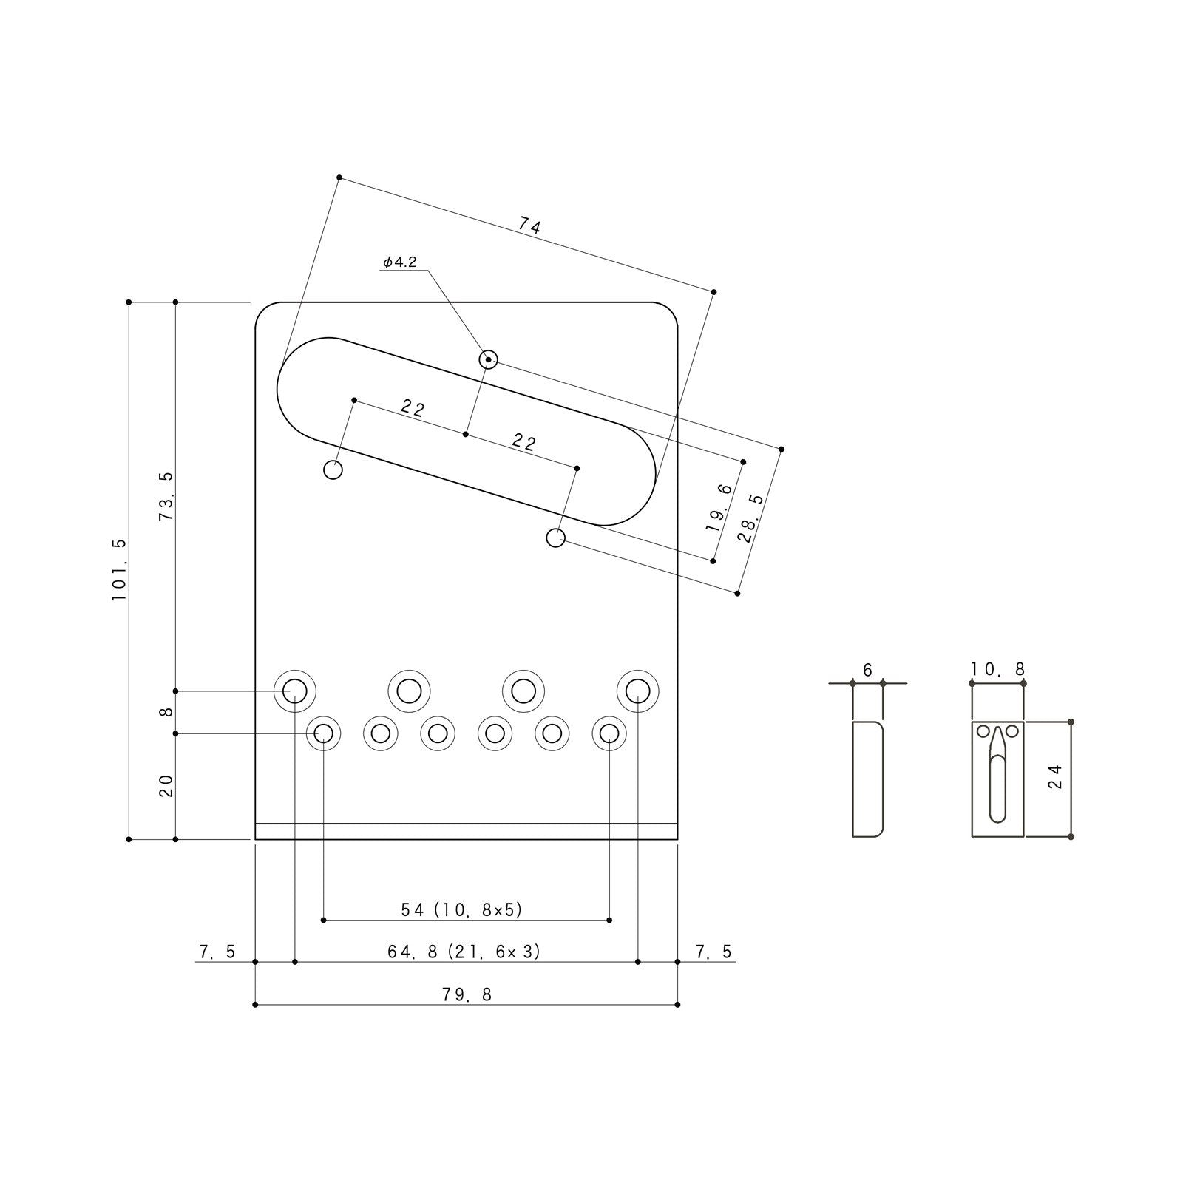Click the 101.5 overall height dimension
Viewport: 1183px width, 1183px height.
[x=120, y=570]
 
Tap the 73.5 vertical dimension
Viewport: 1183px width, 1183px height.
[x=166, y=496]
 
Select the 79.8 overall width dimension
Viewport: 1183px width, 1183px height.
[x=467, y=994]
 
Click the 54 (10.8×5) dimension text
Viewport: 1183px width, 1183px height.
[x=462, y=909]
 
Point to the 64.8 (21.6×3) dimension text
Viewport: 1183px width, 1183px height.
[x=464, y=952]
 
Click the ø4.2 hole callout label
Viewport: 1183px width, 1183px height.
[x=400, y=262]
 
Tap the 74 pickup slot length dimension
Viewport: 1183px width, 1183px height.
[x=529, y=226]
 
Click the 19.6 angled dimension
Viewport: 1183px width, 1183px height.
[x=719, y=509]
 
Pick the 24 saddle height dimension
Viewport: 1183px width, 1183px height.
[x=1055, y=776]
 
